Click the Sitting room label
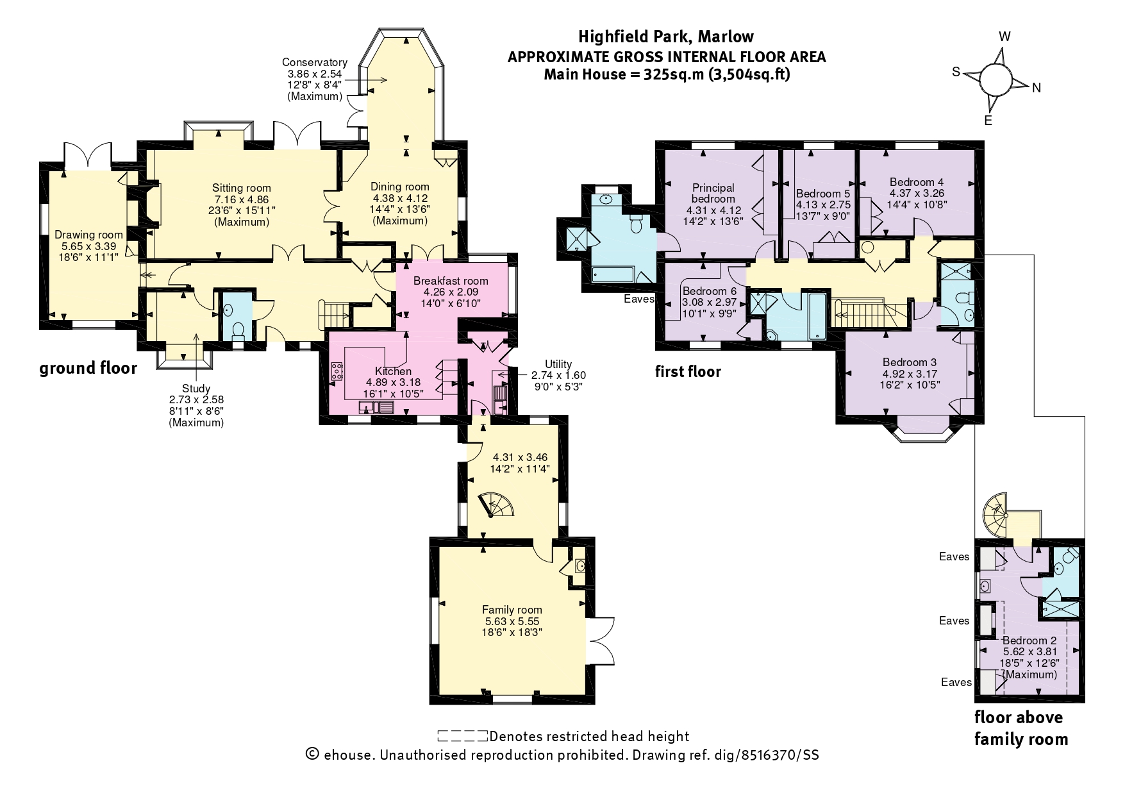pyautogui.click(x=242, y=188)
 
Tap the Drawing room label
pyautogui.click(x=88, y=235)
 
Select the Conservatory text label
pyautogui.click(x=315, y=62)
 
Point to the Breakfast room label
pyautogui.click(x=451, y=281)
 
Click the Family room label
pyautogui.click(x=512, y=610)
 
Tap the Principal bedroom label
pyautogui.click(x=713, y=193)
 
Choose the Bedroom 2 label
pyautogui.click(x=1029, y=640)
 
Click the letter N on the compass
pyautogui.click(x=1037, y=88)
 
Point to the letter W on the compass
pyautogui.click(x=1004, y=37)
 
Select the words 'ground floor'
pyautogui.click(x=88, y=369)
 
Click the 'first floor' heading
pyautogui.click(x=688, y=372)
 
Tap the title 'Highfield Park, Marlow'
pyautogui.click(x=666, y=37)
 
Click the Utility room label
pyautogui.click(x=558, y=364)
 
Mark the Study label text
pyautogui.click(x=196, y=389)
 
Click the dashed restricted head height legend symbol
pyautogui.click(x=462, y=736)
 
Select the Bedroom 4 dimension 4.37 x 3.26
pyautogui.click(x=917, y=193)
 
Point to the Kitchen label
pyautogui.click(x=393, y=371)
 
